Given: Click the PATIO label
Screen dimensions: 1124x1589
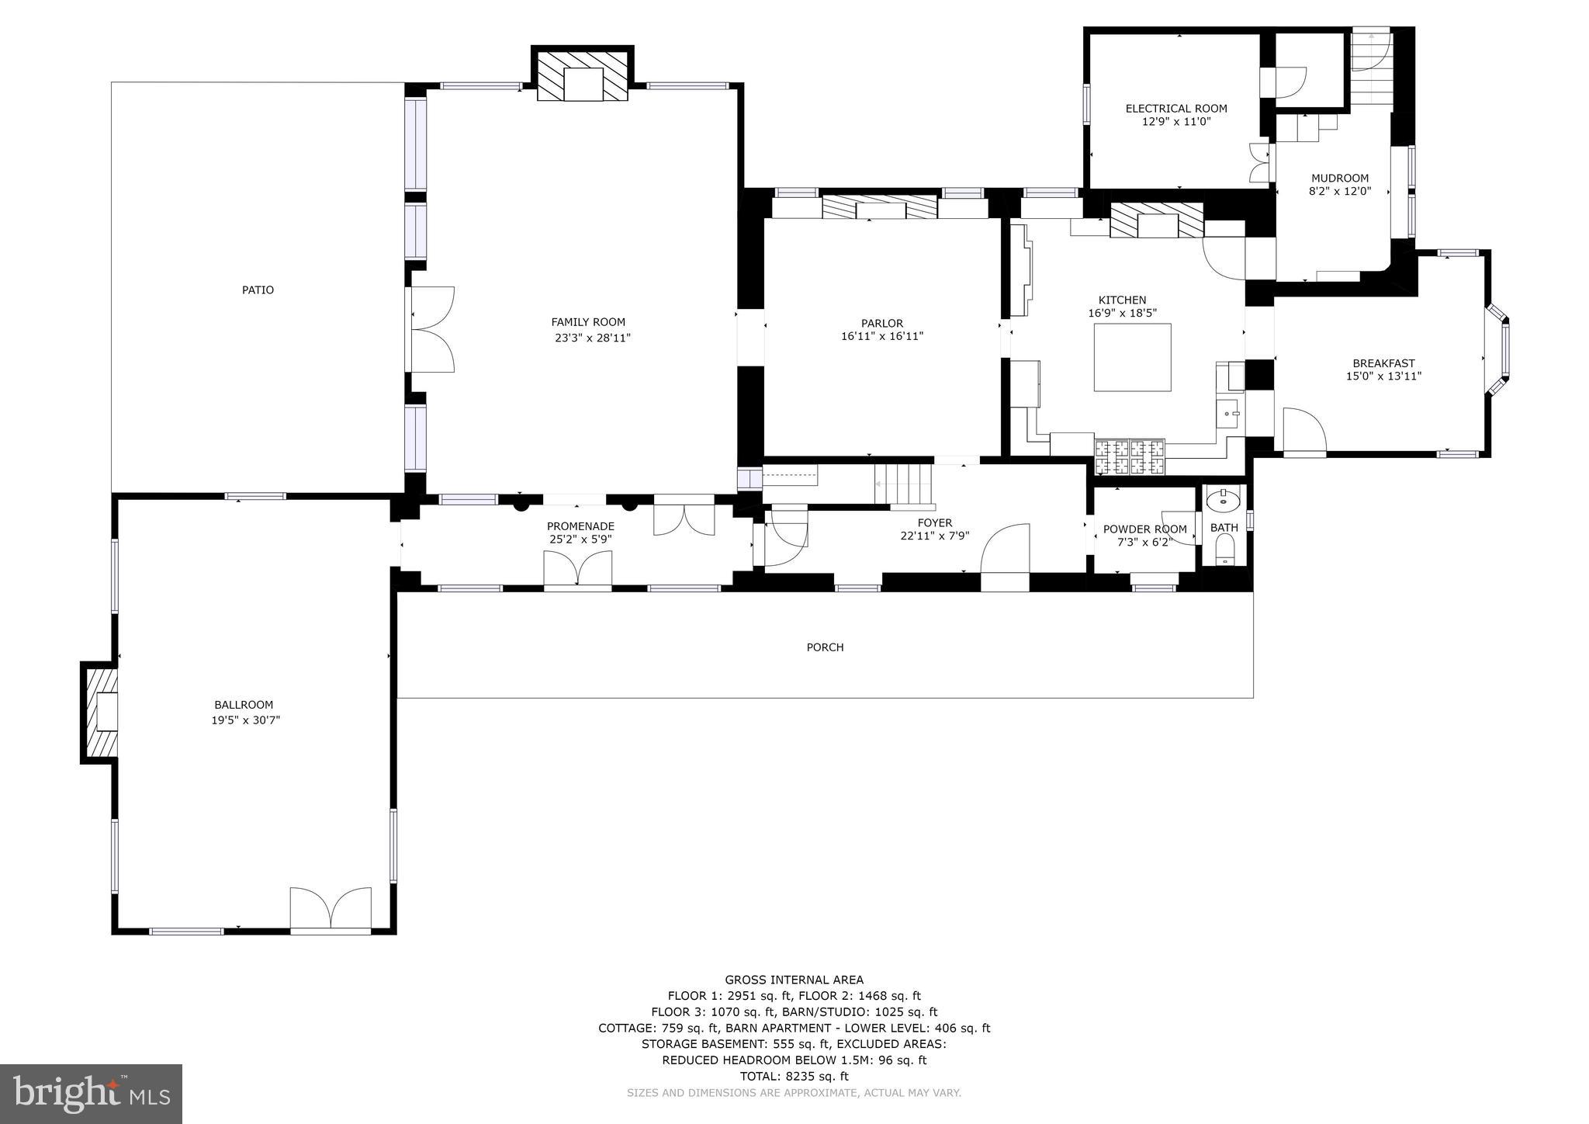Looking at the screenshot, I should [258, 290].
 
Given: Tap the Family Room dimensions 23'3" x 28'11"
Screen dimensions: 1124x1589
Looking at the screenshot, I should [592, 338].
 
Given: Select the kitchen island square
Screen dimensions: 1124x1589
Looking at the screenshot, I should [1132, 358].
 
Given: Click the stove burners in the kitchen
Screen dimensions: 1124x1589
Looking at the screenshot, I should [1129, 457].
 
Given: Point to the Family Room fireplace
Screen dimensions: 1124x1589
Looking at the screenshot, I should [583, 75].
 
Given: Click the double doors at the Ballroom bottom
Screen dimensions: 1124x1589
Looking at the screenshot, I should [331, 908].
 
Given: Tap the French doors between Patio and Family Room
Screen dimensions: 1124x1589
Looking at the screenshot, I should [431, 329].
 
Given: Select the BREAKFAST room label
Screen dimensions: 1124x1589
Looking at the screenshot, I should [1383, 363].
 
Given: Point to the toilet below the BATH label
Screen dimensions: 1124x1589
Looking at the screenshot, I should [1224, 553].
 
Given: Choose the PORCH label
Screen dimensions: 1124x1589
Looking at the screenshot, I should [825, 647].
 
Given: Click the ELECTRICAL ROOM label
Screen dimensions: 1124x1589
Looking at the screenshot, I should [1176, 109].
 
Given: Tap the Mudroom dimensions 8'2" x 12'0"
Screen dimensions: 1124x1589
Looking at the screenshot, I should [1339, 191].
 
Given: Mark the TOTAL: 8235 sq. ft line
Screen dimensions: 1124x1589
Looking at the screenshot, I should [794, 1077].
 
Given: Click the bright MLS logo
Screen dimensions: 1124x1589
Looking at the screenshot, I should [91, 1094].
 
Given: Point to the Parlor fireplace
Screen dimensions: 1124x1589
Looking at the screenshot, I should [879, 206].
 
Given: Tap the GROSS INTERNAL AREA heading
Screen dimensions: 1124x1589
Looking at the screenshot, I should [794, 980].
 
